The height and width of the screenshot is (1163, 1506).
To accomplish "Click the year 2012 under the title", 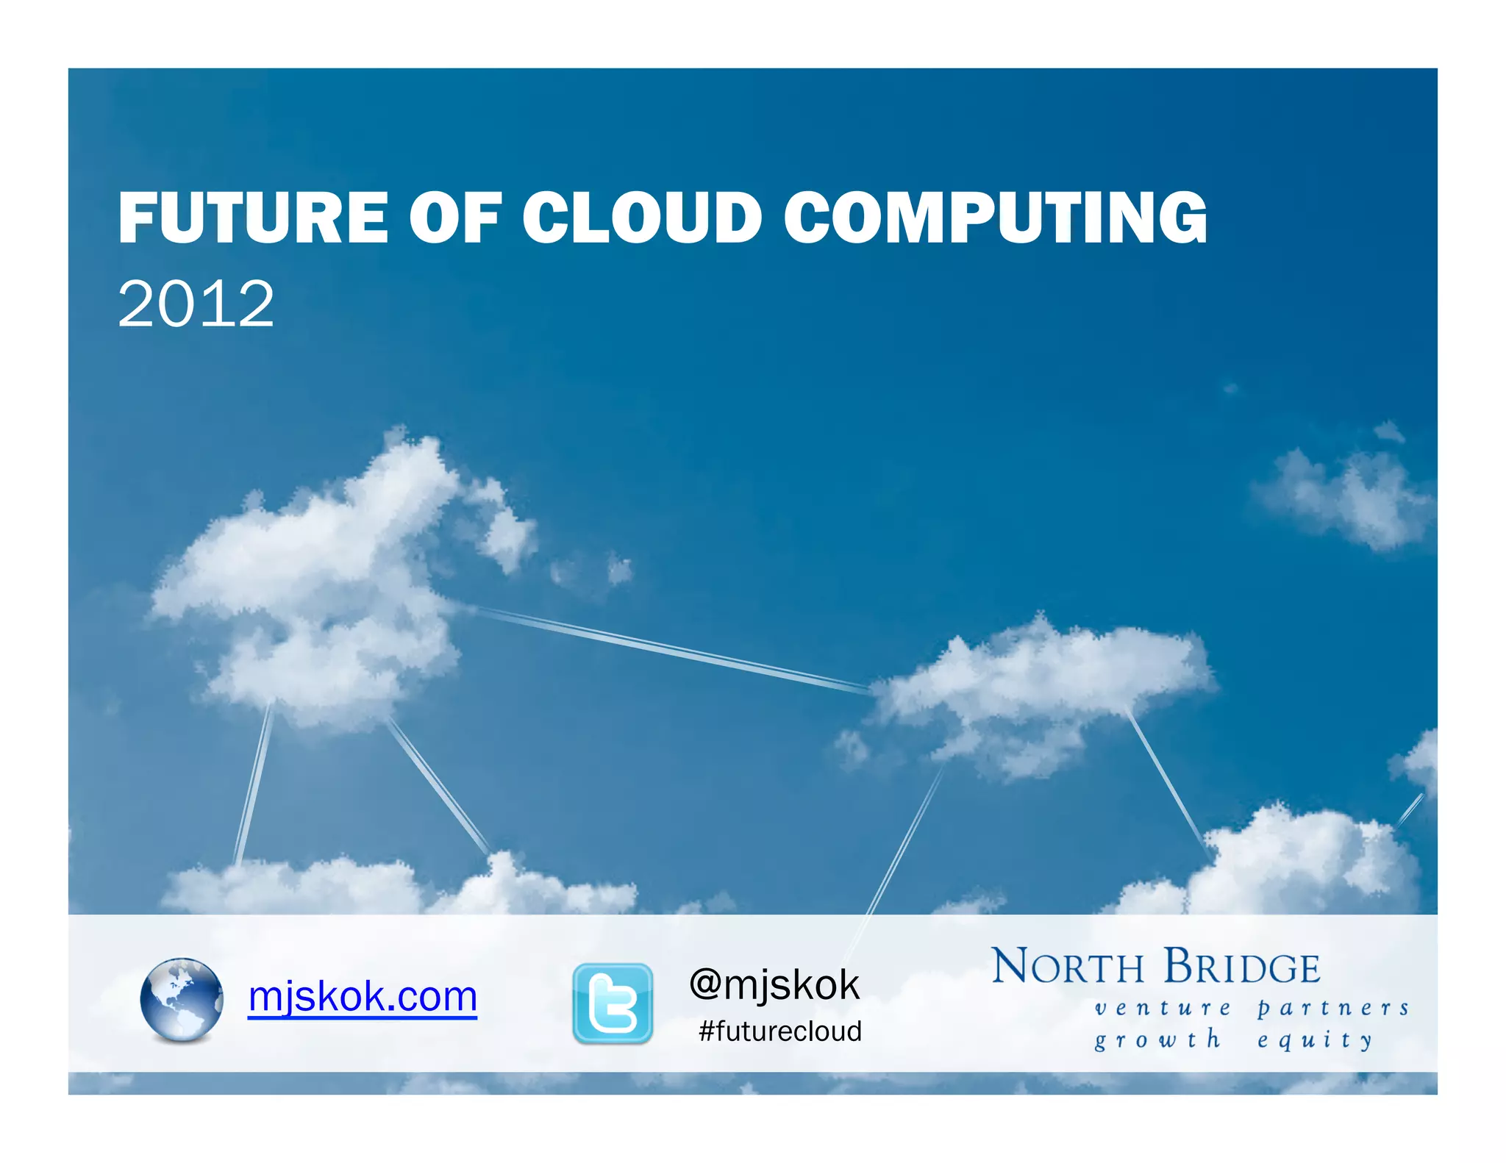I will tap(196, 304).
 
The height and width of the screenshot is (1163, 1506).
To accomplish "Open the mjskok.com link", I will tap(363, 997).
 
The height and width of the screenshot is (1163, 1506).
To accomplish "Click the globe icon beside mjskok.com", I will tap(181, 999).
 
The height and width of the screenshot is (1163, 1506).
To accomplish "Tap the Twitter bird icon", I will tap(613, 1003).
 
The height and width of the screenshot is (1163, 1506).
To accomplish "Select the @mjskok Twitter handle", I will tap(774, 984).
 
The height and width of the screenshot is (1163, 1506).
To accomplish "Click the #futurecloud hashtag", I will tap(780, 1031).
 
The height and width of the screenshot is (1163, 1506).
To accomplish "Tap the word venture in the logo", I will tap(1163, 1008).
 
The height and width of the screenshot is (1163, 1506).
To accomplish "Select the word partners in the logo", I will tap(1332, 1008).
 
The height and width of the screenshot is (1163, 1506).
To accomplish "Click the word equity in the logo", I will tap(1315, 1040).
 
